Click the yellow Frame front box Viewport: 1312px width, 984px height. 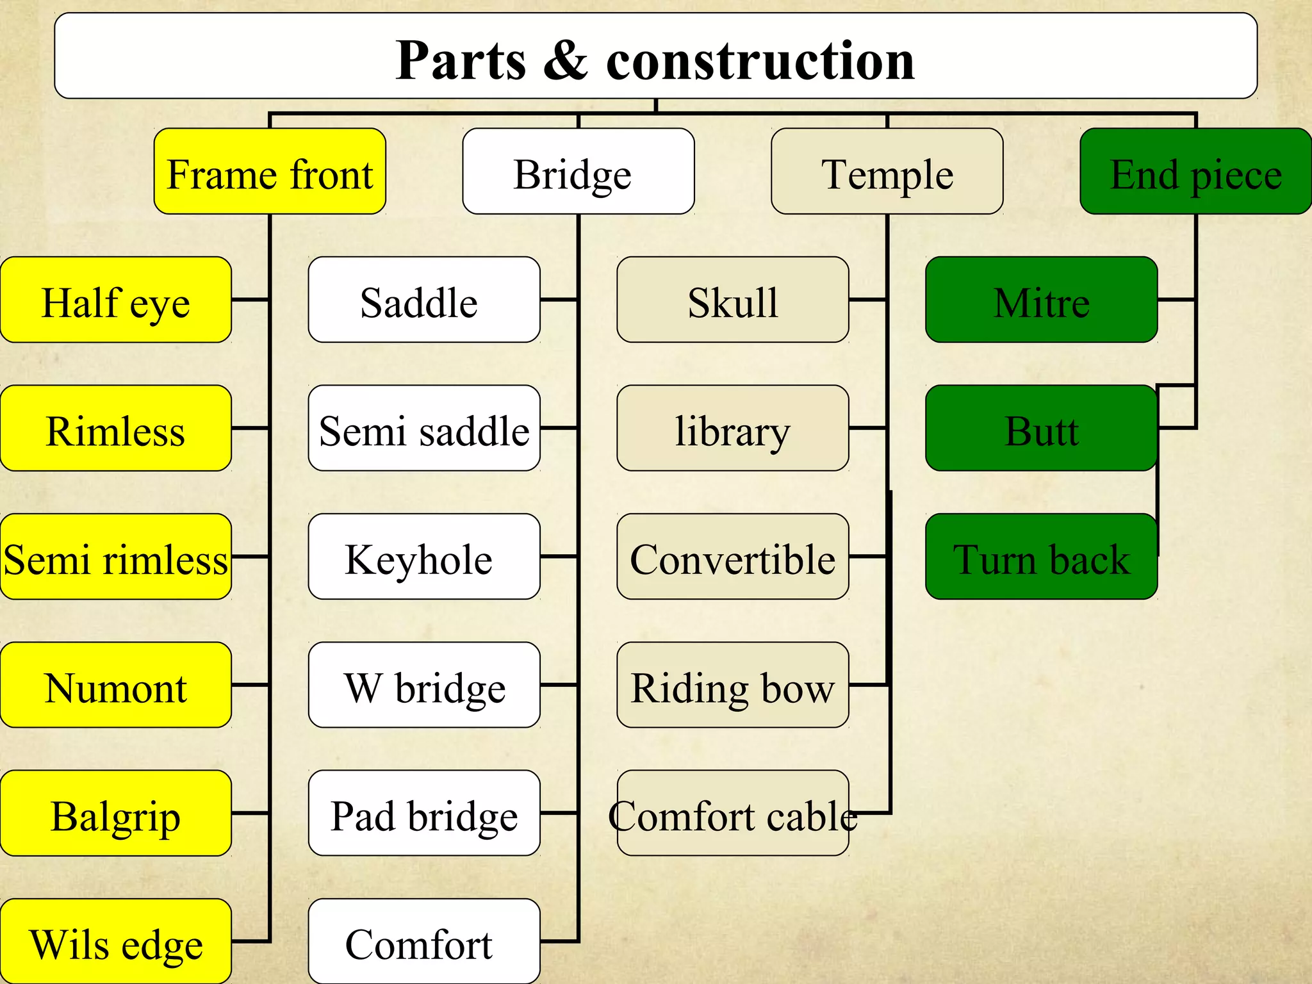tap(270, 171)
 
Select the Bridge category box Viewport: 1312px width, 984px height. tap(578, 171)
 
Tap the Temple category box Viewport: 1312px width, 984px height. tap(887, 171)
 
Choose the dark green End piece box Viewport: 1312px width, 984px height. tap(1195, 171)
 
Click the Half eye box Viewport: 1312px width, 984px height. tap(116, 300)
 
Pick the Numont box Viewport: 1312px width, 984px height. tap(116, 685)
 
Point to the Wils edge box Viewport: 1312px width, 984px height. tap(116, 942)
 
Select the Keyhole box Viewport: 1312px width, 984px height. tap(424, 557)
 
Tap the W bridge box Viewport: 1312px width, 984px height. tap(424, 685)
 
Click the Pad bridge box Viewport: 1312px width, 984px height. tap(424, 813)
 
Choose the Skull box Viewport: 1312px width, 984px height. tap(733, 300)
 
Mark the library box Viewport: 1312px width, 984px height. tap(733, 428)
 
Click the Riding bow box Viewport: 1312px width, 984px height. tap(733, 685)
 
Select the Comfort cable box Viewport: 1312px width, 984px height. tap(733, 813)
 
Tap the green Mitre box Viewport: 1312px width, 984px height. tap(1042, 300)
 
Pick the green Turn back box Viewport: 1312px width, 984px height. tap(1042, 557)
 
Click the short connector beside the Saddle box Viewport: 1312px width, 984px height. tap(559, 300)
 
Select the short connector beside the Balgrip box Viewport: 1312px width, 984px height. tap(250, 813)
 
